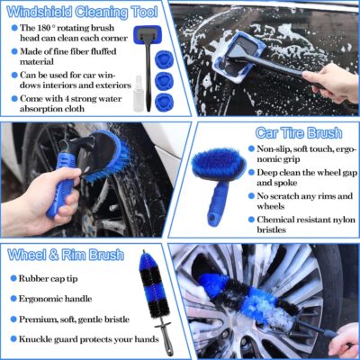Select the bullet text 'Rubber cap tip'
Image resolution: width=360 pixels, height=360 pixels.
click(x=55, y=277)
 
